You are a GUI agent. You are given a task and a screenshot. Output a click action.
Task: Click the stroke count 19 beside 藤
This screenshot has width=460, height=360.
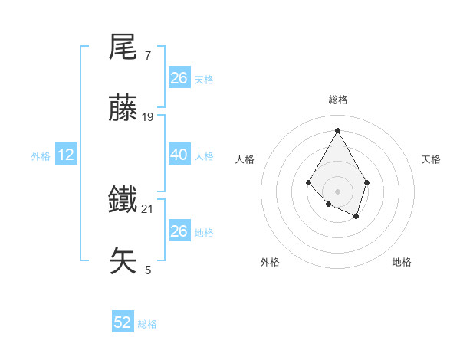(148, 117)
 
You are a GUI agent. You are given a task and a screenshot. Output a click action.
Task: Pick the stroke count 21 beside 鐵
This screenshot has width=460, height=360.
(148, 208)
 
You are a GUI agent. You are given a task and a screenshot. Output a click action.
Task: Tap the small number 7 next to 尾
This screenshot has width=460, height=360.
(147, 57)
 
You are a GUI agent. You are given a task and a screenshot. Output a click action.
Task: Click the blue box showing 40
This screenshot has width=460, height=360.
(179, 155)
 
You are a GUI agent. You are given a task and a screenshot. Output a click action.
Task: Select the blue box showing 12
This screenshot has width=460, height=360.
(66, 155)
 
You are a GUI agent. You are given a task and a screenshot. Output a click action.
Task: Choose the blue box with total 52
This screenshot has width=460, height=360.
(123, 323)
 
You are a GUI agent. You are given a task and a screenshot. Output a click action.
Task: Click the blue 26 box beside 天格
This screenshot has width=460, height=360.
(179, 78)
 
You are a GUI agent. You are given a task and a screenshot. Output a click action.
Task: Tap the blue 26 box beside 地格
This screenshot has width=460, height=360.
(179, 231)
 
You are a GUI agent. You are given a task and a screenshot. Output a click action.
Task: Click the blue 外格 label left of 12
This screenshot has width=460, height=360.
(41, 156)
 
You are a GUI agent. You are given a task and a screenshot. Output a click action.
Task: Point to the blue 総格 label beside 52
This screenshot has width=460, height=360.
(147, 324)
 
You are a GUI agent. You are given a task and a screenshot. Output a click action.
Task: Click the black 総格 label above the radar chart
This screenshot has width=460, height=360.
(337, 100)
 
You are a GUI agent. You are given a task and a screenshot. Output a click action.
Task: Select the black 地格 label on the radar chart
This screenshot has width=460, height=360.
(402, 262)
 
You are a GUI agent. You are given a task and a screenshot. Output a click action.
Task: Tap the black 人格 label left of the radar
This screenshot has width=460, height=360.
(245, 159)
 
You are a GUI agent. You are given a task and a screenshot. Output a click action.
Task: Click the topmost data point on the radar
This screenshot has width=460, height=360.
(337, 129)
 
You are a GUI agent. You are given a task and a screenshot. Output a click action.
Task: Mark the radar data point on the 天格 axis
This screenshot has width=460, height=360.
(367, 182)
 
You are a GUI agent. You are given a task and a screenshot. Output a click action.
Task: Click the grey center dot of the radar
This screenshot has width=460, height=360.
(337, 191)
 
